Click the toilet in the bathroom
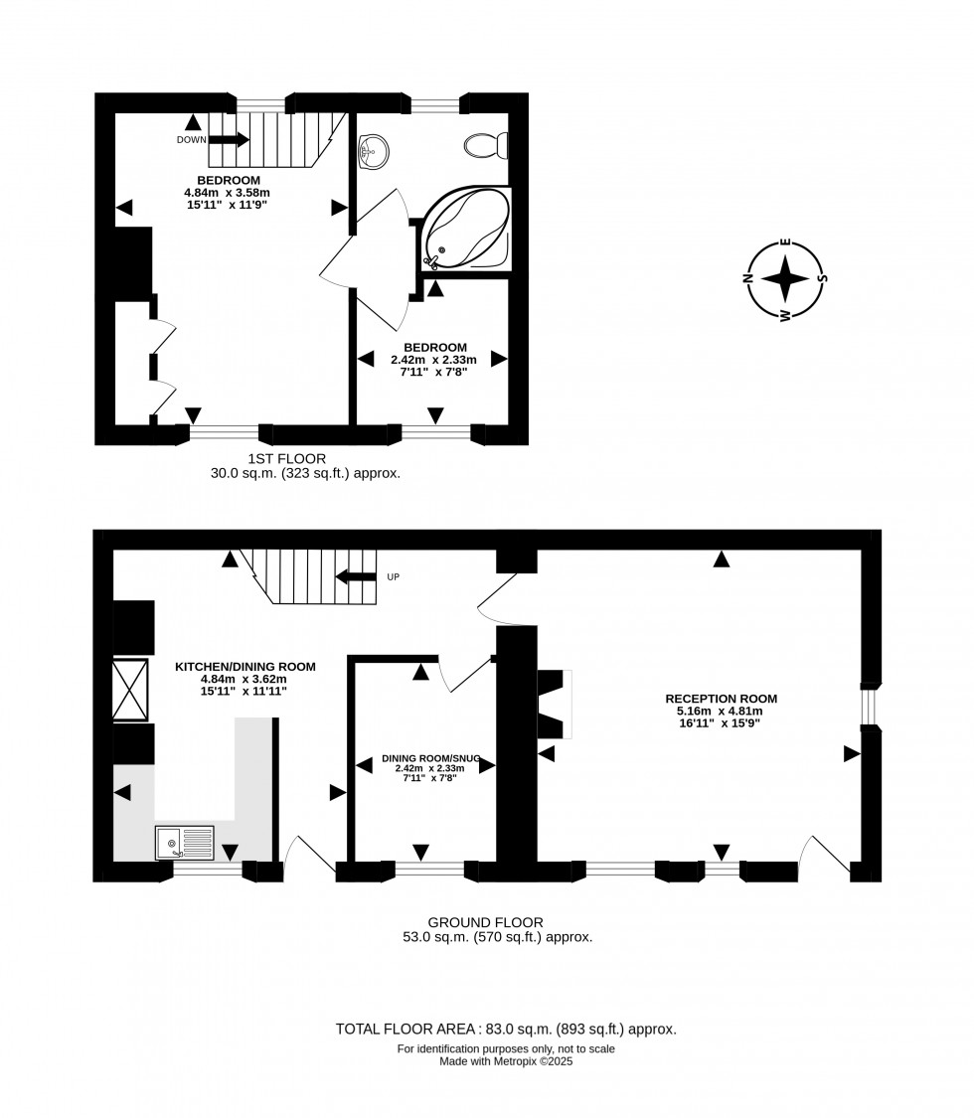click(486, 146)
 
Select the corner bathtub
click(467, 228)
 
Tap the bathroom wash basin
click(374, 152)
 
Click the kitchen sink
click(184, 843)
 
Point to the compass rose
click(785, 278)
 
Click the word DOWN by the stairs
click(192, 140)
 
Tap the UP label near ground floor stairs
click(393, 576)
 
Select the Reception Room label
click(721, 699)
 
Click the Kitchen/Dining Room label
click(245, 667)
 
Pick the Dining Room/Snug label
click(430, 758)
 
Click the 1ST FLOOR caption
click(287, 458)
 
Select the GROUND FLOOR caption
click(485, 922)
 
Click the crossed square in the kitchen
click(130, 689)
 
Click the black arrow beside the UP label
click(355, 576)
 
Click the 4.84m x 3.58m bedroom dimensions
click(228, 192)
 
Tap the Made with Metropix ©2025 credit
click(506, 1061)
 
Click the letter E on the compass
click(785, 242)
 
